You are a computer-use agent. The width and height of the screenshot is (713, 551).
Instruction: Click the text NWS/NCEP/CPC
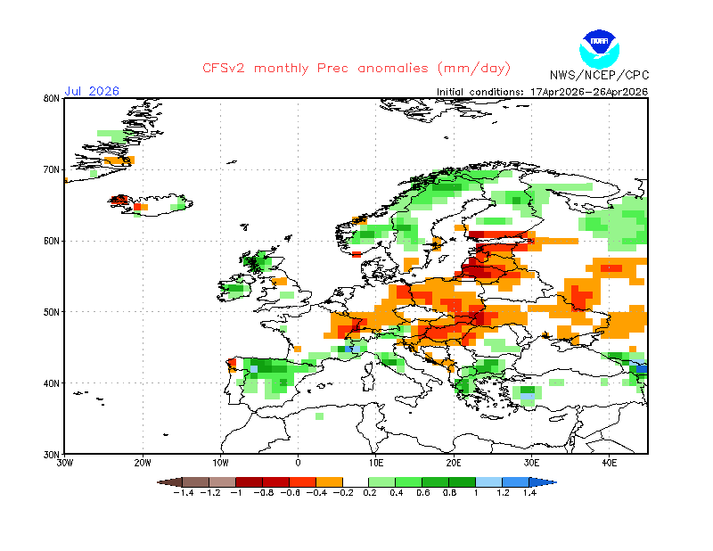598,75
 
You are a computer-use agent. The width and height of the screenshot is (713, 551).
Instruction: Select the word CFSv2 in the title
224,69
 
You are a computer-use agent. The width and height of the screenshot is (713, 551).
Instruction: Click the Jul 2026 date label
91,91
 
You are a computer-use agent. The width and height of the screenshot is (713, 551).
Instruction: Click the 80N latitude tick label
51,98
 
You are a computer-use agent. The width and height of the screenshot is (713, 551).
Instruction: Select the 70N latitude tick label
51,169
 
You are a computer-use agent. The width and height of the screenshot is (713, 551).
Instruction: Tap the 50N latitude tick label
51,312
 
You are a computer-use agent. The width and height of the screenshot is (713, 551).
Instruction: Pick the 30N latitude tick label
51,455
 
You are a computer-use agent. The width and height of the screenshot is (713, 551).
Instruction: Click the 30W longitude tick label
65,464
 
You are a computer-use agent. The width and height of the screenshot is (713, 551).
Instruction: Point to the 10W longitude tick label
221,464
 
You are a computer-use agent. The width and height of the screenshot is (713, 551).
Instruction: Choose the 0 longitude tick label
299,464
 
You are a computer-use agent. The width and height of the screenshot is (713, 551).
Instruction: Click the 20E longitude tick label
454,464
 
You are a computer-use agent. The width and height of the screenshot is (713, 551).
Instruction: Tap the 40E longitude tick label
610,464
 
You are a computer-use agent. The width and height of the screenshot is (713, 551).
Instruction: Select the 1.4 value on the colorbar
529,492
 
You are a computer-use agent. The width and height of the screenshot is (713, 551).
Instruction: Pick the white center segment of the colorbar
356,481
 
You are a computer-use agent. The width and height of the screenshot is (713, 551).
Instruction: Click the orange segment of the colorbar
330,481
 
